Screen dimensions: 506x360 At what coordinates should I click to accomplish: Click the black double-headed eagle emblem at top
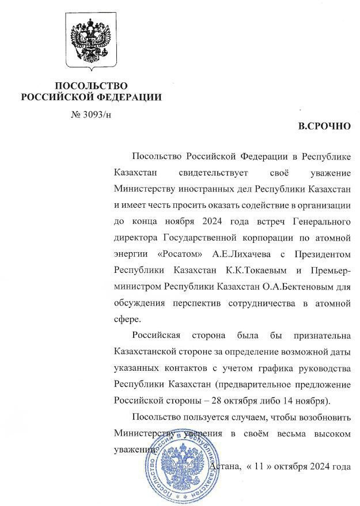[90, 41]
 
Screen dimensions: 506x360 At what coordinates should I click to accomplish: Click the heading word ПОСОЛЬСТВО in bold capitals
[91, 86]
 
